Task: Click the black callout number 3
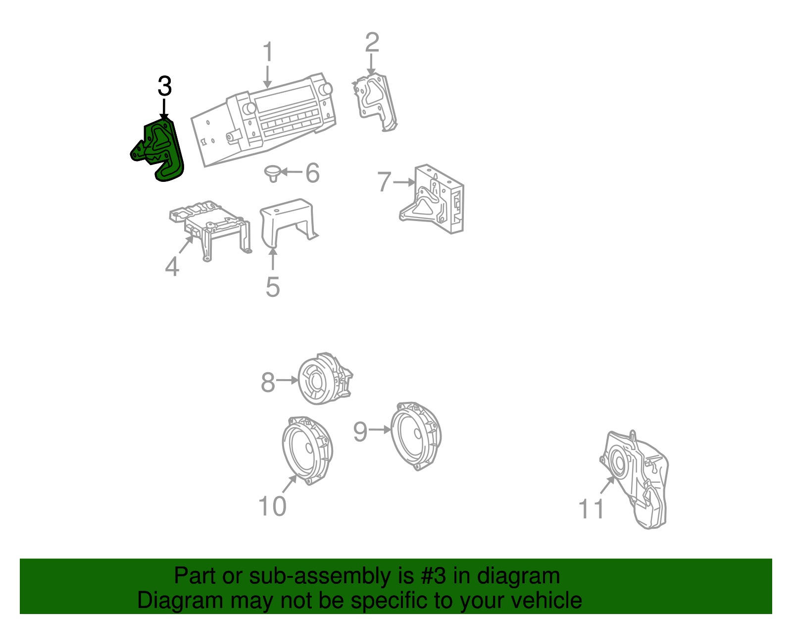164,87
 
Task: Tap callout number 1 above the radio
268,52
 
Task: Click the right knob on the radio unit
325,89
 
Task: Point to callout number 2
372,43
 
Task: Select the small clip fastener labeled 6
271,172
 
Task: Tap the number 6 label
312,173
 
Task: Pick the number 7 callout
384,182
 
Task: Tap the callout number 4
172,267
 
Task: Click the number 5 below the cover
272,287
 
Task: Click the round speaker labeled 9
416,435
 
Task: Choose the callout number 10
272,506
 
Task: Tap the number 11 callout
592,509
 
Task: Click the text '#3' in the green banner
434,576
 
